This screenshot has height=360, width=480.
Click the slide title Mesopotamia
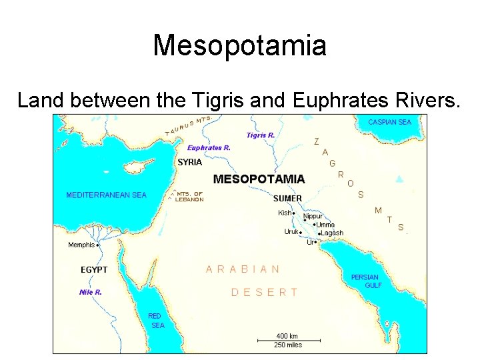[x=240, y=46]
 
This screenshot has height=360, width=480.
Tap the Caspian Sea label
[x=390, y=122]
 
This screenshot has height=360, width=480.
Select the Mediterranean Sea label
[x=106, y=195]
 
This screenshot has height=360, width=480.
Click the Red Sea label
[x=156, y=321]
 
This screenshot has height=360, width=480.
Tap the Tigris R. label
[x=261, y=135]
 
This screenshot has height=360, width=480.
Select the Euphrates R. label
[x=209, y=148]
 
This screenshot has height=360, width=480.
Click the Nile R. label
[x=91, y=292]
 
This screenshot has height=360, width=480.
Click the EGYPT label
[x=94, y=270]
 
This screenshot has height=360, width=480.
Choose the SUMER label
[x=287, y=198]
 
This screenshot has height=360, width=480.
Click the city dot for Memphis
[x=98, y=245]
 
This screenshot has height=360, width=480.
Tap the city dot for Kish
[x=294, y=213]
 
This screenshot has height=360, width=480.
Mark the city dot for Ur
[x=315, y=243]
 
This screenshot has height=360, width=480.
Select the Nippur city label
[x=313, y=216]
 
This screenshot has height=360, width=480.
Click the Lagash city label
[x=332, y=233]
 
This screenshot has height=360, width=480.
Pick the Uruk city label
[x=291, y=232]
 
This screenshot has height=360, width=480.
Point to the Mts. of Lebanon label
[x=189, y=197]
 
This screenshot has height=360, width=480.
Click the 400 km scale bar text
[x=287, y=335]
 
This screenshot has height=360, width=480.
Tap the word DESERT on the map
[x=264, y=292]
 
